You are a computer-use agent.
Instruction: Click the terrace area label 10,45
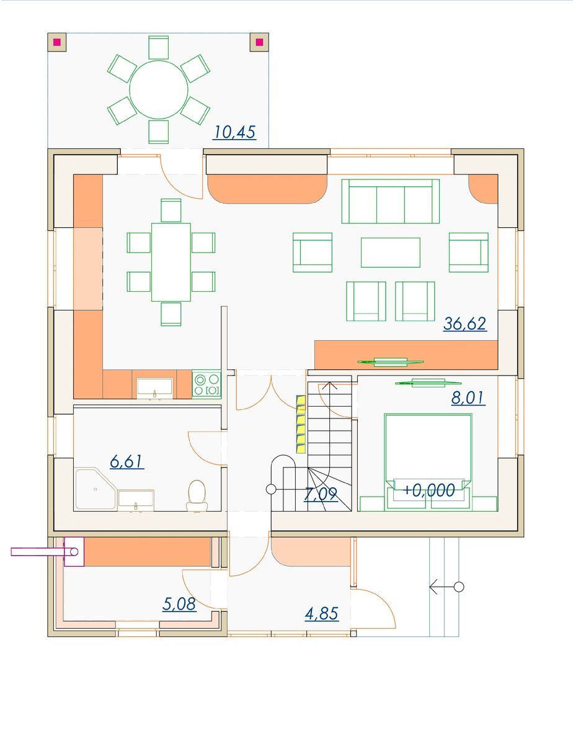(x=234, y=132)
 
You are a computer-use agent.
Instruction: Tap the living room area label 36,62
(x=465, y=323)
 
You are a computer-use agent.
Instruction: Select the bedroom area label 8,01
(x=468, y=398)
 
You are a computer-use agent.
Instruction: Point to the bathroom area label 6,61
(x=127, y=461)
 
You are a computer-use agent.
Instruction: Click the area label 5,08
(x=179, y=604)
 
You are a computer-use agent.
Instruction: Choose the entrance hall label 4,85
(x=322, y=613)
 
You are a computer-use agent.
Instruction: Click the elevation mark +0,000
(x=429, y=490)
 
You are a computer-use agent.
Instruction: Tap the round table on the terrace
(x=159, y=90)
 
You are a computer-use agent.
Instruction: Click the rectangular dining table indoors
(x=171, y=262)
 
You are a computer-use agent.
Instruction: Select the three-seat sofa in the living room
(x=391, y=201)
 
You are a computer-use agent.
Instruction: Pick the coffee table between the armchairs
(x=391, y=253)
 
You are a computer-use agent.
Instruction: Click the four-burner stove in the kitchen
(x=207, y=384)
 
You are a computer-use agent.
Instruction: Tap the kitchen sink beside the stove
(x=154, y=389)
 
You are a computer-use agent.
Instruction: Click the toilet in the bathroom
(x=197, y=496)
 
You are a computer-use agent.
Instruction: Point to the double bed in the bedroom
(x=429, y=463)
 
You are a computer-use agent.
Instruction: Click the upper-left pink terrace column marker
(x=57, y=42)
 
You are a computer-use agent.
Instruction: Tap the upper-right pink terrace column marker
(x=259, y=42)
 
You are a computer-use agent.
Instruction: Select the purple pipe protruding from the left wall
(x=45, y=552)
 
